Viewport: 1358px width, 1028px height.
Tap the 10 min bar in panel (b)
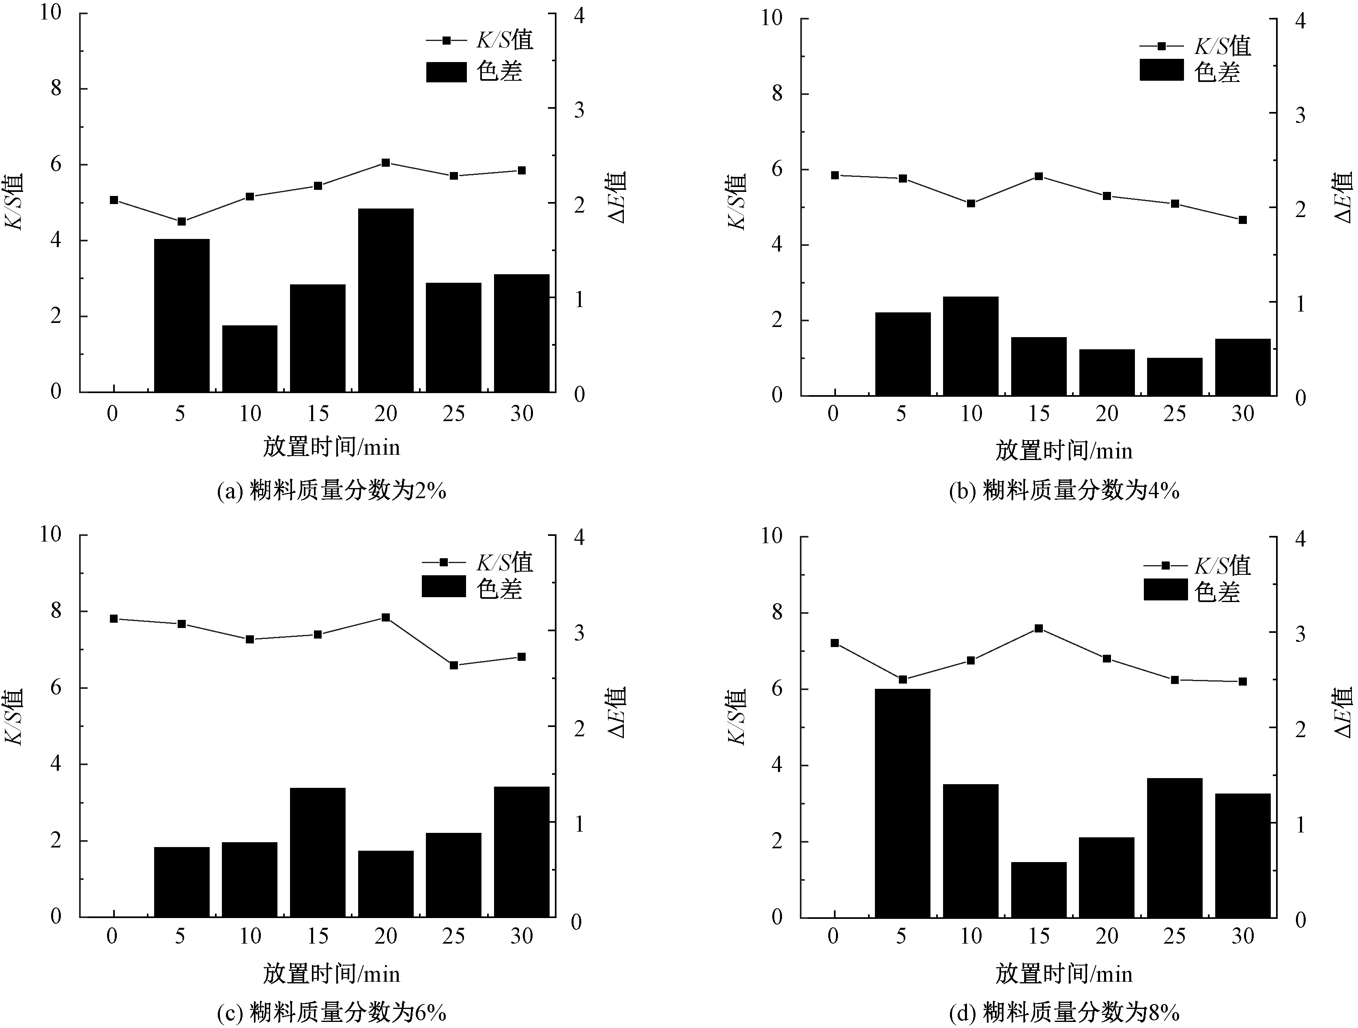tap(971, 346)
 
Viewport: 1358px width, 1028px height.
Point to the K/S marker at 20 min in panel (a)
tap(386, 163)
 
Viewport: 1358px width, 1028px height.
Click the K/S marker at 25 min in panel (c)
tap(454, 665)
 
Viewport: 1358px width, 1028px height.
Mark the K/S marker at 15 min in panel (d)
tap(1039, 628)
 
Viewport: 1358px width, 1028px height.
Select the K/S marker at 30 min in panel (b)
tap(1242, 220)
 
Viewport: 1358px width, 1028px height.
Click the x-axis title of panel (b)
tap(1064, 452)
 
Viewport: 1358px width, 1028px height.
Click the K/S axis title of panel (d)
tap(736, 717)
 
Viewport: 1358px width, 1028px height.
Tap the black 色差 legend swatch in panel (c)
tap(443, 587)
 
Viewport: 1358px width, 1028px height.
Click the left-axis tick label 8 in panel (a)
tap(56, 88)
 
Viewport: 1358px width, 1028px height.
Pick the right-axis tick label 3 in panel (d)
tap(1300, 634)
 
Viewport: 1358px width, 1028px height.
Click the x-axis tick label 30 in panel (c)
tap(522, 936)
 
